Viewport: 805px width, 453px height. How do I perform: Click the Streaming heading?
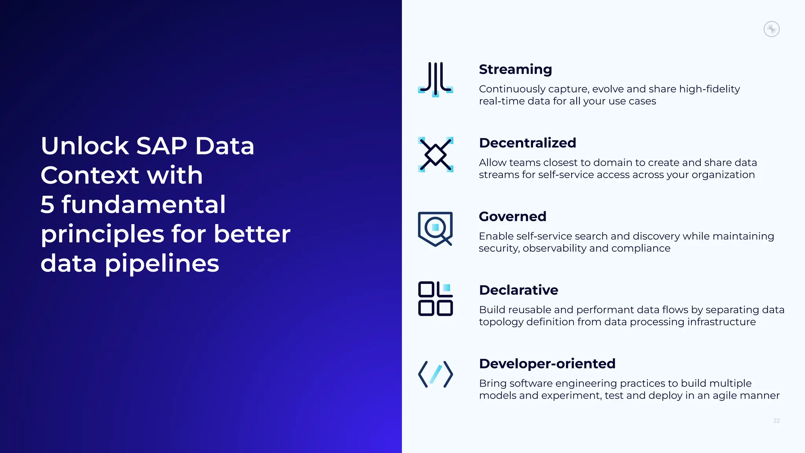515,69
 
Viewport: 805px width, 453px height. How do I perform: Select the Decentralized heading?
527,143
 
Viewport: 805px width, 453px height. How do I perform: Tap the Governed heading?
513,216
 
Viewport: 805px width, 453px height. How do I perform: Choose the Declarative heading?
518,290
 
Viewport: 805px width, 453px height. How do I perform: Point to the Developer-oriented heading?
547,363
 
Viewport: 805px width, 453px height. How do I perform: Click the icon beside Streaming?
436,79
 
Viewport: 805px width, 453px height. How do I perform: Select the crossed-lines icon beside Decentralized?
436,154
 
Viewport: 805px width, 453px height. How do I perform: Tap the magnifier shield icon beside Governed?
436,229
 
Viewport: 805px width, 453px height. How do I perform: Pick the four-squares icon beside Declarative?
436,298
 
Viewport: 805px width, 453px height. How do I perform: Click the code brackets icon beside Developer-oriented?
436,374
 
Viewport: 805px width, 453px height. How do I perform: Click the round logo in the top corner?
772,29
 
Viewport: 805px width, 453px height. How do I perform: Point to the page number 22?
776,421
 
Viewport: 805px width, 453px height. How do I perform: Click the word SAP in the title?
162,146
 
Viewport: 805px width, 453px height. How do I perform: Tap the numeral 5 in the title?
48,204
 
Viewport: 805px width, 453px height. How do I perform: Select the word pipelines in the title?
162,263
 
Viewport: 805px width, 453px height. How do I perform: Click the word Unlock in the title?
85,146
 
